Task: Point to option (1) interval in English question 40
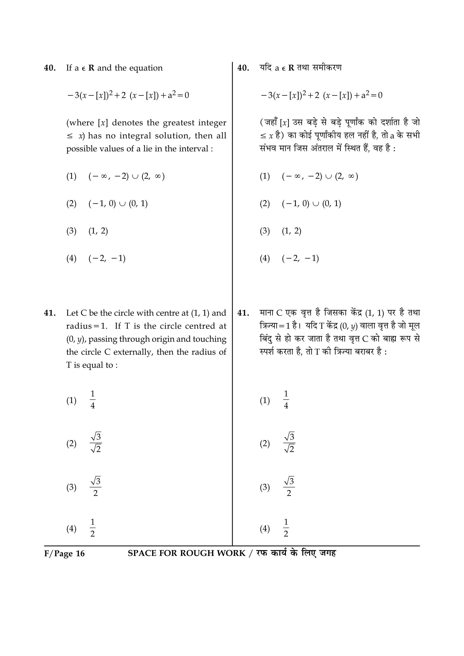(126, 176)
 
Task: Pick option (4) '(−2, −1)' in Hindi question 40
(300, 259)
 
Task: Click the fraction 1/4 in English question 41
(93, 400)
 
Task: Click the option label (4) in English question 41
(71, 529)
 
